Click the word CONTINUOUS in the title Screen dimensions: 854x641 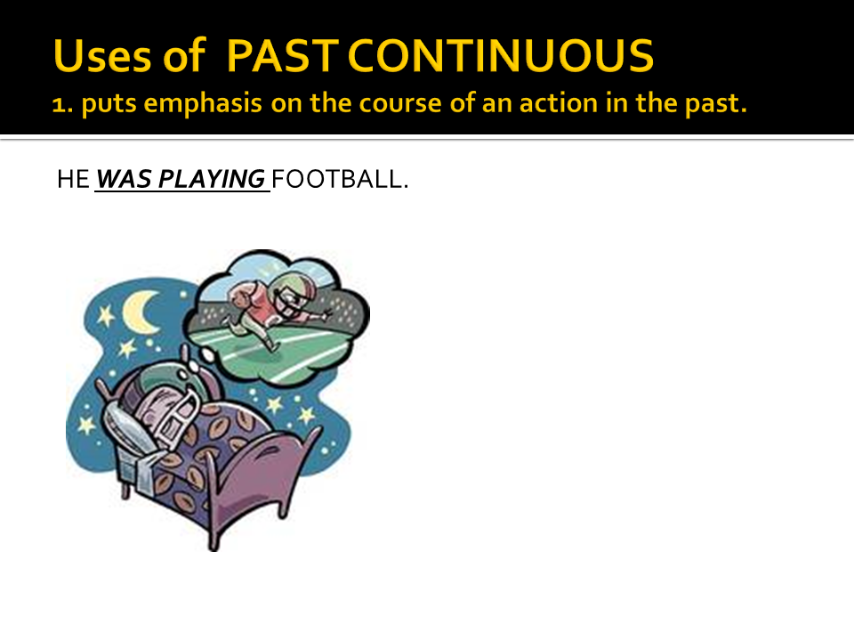pyautogui.click(x=500, y=55)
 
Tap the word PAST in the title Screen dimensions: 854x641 pyautogui.click(x=282, y=55)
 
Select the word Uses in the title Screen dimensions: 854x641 pyautogui.click(x=102, y=55)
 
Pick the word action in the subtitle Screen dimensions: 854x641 pyautogui.click(x=559, y=103)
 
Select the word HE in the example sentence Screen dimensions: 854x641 pyautogui.click(x=73, y=179)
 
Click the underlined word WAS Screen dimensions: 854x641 pyautogui.click(x=124, y=179)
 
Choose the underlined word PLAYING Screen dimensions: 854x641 pyautogui.click(x=212, y=180)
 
